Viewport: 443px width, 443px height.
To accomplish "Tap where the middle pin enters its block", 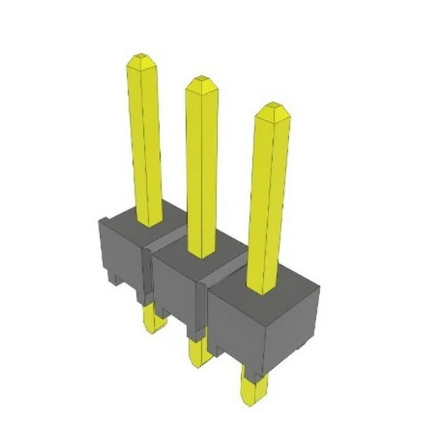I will coord(202,254).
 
